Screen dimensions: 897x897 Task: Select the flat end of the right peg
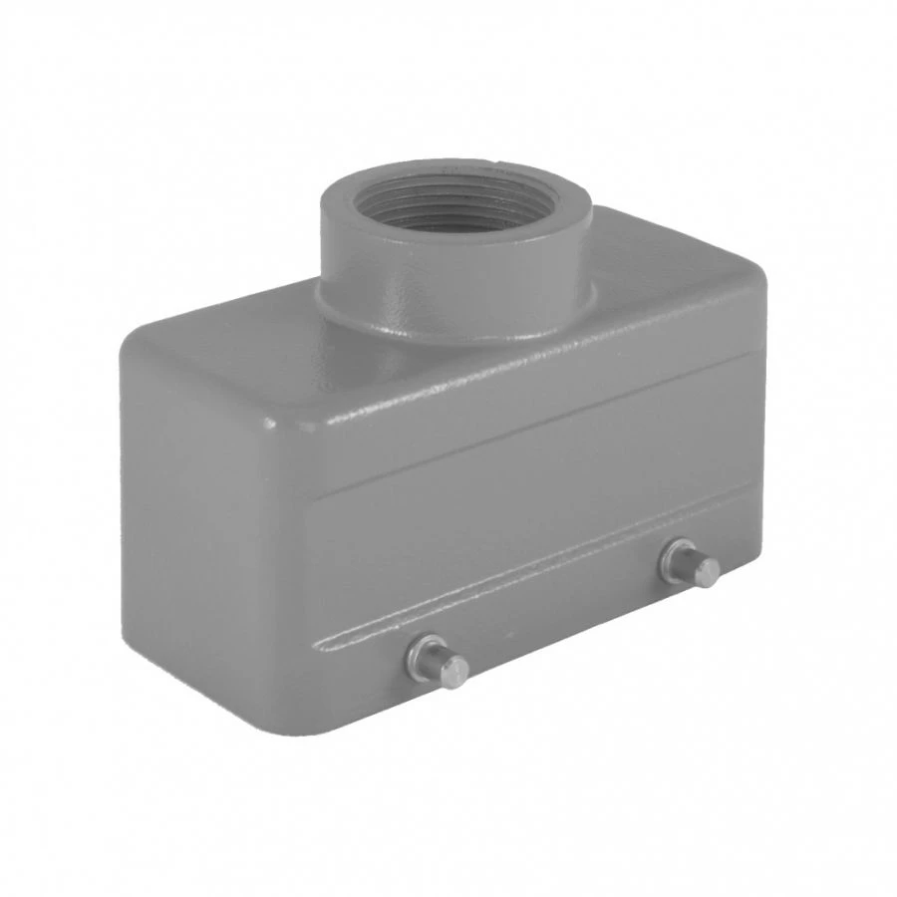click(708, 572)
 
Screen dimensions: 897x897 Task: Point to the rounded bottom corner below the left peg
click(329, 718)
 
